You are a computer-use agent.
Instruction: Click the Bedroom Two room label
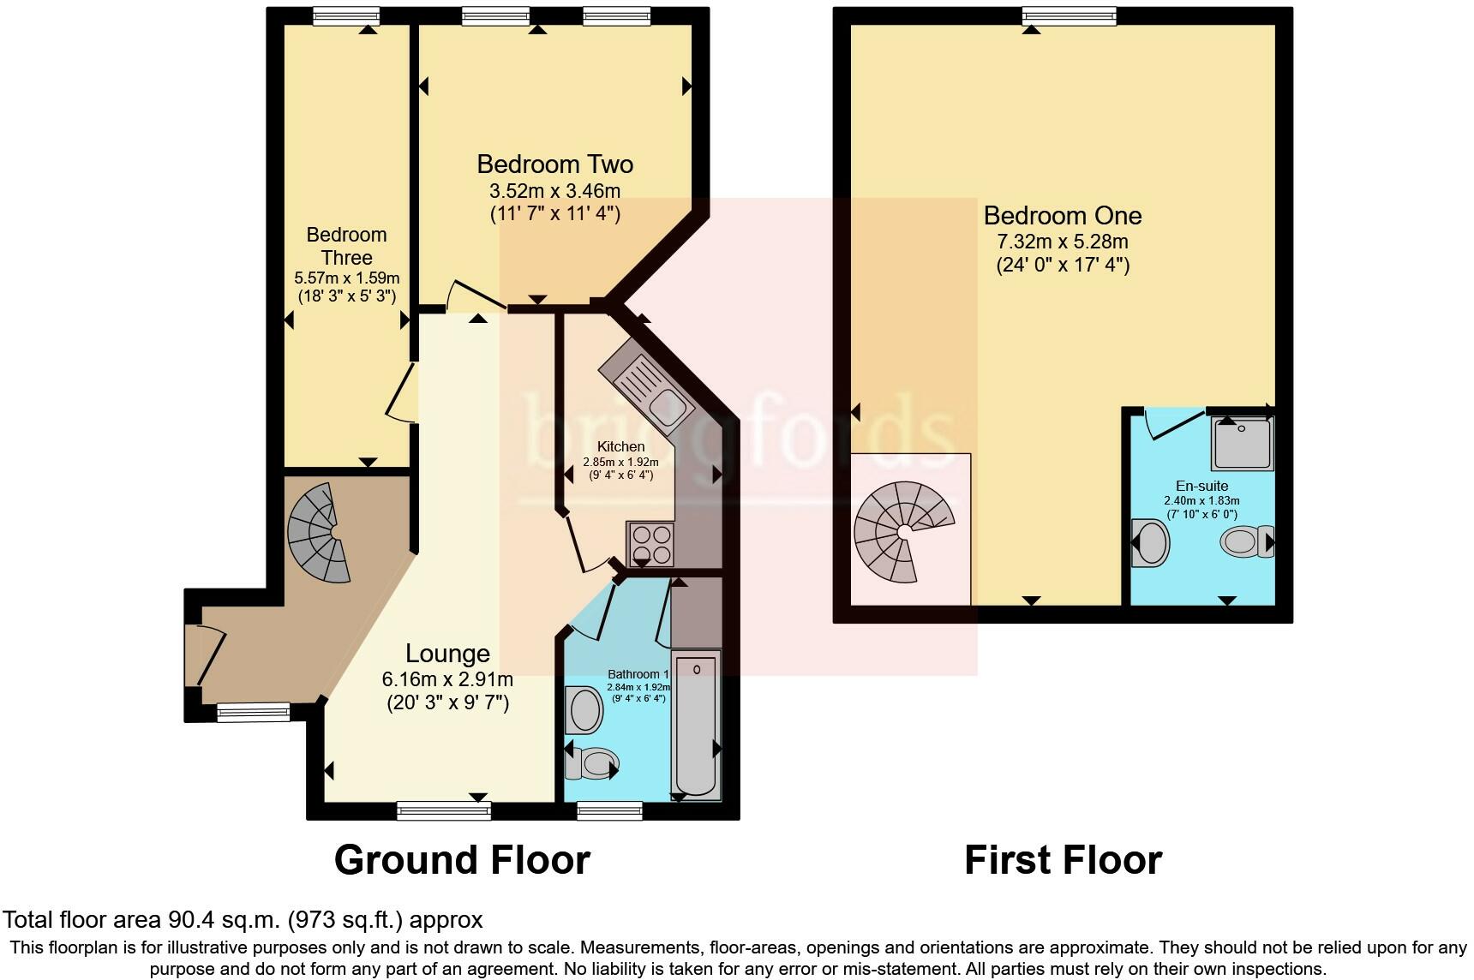click(554, 164)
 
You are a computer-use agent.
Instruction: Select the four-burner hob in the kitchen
click(651, 544)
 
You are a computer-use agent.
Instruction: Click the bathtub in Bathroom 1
click(697, 725)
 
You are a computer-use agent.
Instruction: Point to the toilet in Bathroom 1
click(591, 762)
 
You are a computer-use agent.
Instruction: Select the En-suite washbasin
click(1150, 542)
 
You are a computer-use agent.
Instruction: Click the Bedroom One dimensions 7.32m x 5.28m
click(1063, 241)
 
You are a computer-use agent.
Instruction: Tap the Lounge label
click(447, 654)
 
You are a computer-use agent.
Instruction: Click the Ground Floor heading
click(462, 859)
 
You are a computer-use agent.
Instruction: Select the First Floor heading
click(1063, 859)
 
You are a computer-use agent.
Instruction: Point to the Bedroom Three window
click(345, 15)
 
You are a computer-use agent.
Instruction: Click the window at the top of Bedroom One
click(1069, 15)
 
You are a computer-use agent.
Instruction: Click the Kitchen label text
click(620, 446)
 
